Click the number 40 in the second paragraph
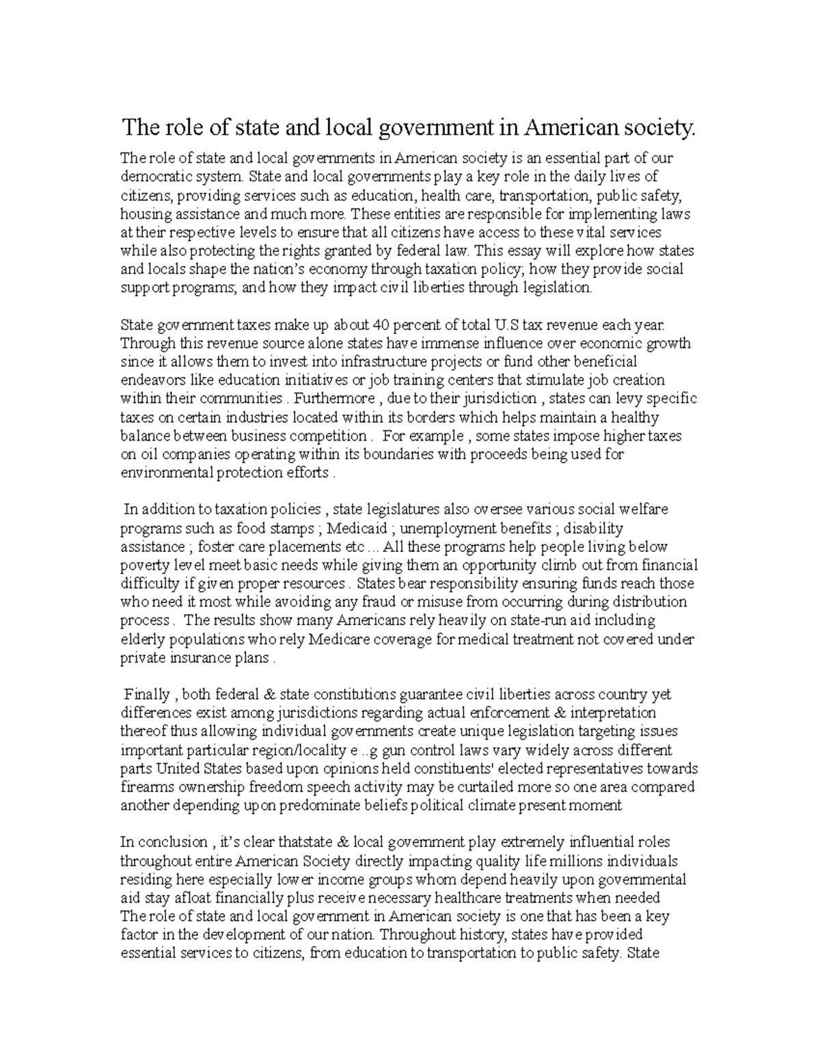(x=371, y=325)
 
